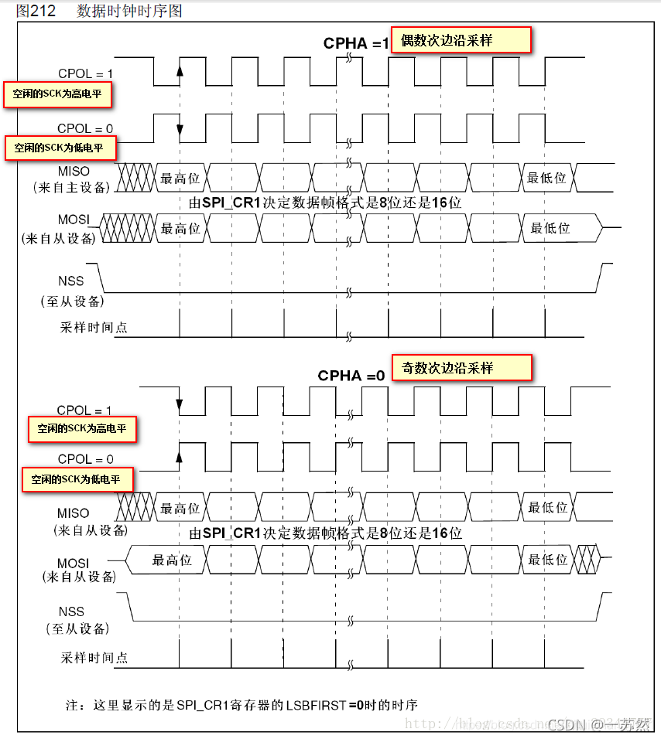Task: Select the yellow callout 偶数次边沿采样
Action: tap(461, 40)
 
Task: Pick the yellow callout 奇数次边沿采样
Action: tap(462, 368)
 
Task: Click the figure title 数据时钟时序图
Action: tap(130, 11)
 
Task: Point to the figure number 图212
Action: tap(36, 11)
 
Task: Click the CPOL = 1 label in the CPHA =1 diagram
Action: tap(85, 74)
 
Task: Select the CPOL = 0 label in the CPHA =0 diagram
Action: tap(85, 459)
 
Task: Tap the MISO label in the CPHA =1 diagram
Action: tap(74, 171)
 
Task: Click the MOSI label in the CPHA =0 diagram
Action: tap(73, 563)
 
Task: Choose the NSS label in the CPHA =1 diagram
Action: tap(71, 281)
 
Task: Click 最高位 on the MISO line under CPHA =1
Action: tap(180, 178)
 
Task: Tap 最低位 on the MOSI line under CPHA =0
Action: tap(547, 560)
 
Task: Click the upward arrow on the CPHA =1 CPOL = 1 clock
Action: tap(180, 72)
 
